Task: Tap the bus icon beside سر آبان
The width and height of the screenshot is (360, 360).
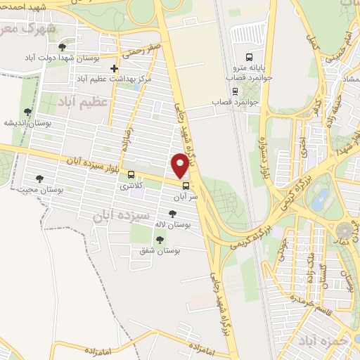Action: click(186, 186)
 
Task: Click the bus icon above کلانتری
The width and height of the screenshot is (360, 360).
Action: click(131, 174)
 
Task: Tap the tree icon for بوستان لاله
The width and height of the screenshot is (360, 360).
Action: click(172, 214)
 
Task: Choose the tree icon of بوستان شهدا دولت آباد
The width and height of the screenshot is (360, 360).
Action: click(62, 46)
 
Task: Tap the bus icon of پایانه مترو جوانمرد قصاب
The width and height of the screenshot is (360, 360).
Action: click(247, 57)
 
